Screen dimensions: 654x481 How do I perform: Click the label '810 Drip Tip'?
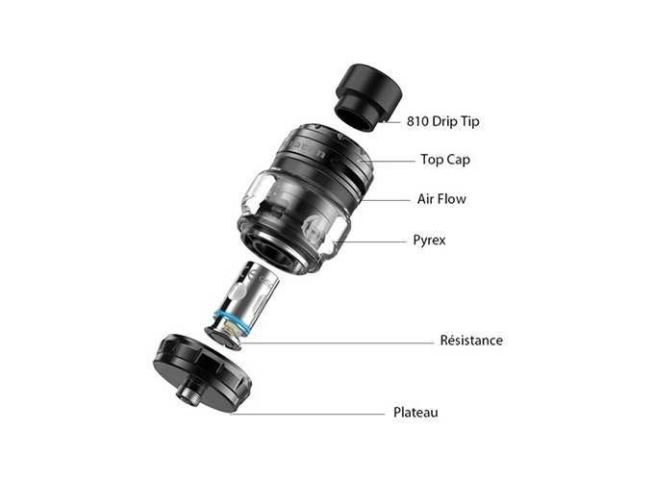click(x=443, y=121)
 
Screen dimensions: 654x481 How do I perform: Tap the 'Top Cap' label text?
click(x=445, y=160)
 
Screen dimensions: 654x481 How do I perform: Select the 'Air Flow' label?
click(x=441, y=199)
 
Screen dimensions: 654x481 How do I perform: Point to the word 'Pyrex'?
click(x=429, y=240)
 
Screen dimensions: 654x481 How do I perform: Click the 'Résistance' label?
click(x=471, y=341)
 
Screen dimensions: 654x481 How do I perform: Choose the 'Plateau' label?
click(x=415, y=413)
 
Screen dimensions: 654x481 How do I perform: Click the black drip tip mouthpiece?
click(x=368, y=97)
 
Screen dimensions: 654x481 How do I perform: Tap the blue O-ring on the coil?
click(x=231, y=320)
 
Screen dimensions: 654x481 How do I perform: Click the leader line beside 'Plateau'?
click(x=308, y=415)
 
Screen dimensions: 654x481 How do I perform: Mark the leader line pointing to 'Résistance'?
click(x=337, y=343)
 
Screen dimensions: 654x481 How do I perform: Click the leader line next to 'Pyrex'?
click(x=370, y=241)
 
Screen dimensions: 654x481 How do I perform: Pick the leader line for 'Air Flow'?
click(x=387, y=201)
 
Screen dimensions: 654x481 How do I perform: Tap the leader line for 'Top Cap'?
click(x=389, y=161)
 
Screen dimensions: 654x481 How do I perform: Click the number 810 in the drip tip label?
click(x=417, y=121)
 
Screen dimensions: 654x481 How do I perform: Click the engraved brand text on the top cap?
click(x=306, y=149)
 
